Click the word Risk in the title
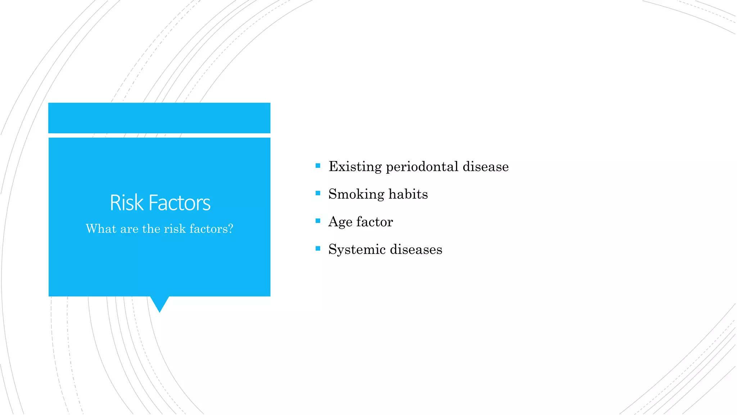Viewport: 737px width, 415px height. click(126, 203)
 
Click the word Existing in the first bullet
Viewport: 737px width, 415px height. click(355, 167)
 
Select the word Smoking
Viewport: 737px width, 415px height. click(356, 195)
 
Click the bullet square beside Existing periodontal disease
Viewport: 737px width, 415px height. click(318, 166)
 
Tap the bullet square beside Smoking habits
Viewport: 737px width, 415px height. click(318, 193)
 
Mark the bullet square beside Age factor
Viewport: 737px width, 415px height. click(318, 221)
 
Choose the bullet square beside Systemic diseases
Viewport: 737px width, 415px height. click(318, 249)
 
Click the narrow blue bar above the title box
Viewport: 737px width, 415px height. click(159, 118)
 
